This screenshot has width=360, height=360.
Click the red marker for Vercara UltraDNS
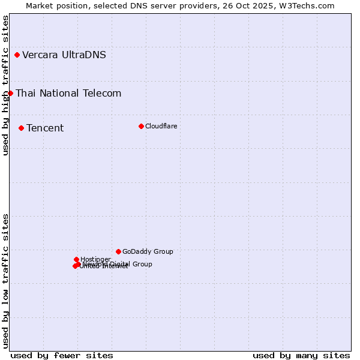[17, 55]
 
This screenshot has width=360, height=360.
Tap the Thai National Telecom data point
[10, 93]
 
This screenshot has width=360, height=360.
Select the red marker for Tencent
[21, 128]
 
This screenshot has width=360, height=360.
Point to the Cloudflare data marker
[141, 126]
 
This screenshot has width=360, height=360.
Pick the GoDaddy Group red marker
[118, 251]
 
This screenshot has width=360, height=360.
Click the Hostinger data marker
[76, 259]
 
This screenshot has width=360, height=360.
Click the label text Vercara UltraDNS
[64, 55]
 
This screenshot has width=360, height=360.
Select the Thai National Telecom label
[68, 93]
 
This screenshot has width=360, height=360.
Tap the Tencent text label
[45, 128]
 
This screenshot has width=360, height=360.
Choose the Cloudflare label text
[161, 126]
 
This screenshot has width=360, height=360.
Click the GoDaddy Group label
[148, 251]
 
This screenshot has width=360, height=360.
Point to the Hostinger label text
[95, 259]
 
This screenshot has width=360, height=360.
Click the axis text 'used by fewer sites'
[62, 355]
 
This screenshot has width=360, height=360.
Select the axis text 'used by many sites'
[301, 355]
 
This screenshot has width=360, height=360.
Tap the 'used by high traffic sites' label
[5, 85]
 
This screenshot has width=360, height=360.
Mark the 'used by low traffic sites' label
[5, 280]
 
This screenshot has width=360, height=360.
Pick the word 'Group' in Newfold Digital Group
[142, 264]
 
